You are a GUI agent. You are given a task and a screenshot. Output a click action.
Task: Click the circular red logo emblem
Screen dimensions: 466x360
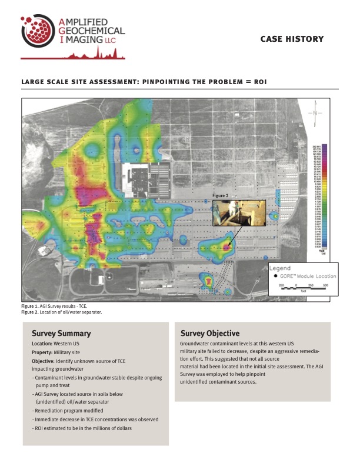point(38,29)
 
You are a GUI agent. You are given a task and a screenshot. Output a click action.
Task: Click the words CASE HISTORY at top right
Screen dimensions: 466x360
point(292,39)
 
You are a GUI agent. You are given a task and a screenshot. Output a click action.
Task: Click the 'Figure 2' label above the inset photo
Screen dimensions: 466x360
point(221,194)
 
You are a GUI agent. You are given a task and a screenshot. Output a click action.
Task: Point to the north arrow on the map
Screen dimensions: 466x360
point(316,112)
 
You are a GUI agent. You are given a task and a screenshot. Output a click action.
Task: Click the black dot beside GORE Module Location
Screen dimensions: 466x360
point(276,275)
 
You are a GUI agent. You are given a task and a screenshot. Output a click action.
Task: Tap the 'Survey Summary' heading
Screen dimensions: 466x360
point(61,334)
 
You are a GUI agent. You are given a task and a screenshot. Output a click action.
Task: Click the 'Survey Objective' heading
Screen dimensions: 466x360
point(210,334)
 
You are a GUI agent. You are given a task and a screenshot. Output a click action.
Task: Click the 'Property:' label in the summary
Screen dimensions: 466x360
point(43,352)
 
